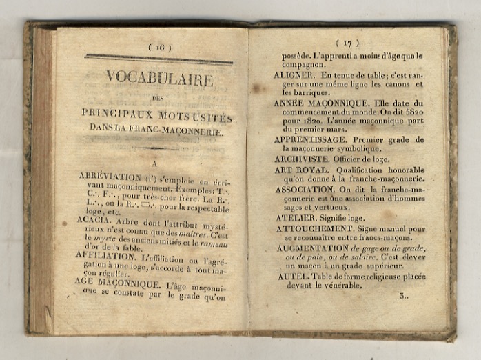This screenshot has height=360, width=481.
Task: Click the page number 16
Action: tap(160, 47)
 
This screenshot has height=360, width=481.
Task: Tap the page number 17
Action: tap(347, 43)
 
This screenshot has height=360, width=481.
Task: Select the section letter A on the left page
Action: tap(154, 163)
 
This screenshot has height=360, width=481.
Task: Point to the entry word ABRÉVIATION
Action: tap(110, 177)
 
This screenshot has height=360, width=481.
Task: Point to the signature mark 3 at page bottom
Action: tap(403, 295)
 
